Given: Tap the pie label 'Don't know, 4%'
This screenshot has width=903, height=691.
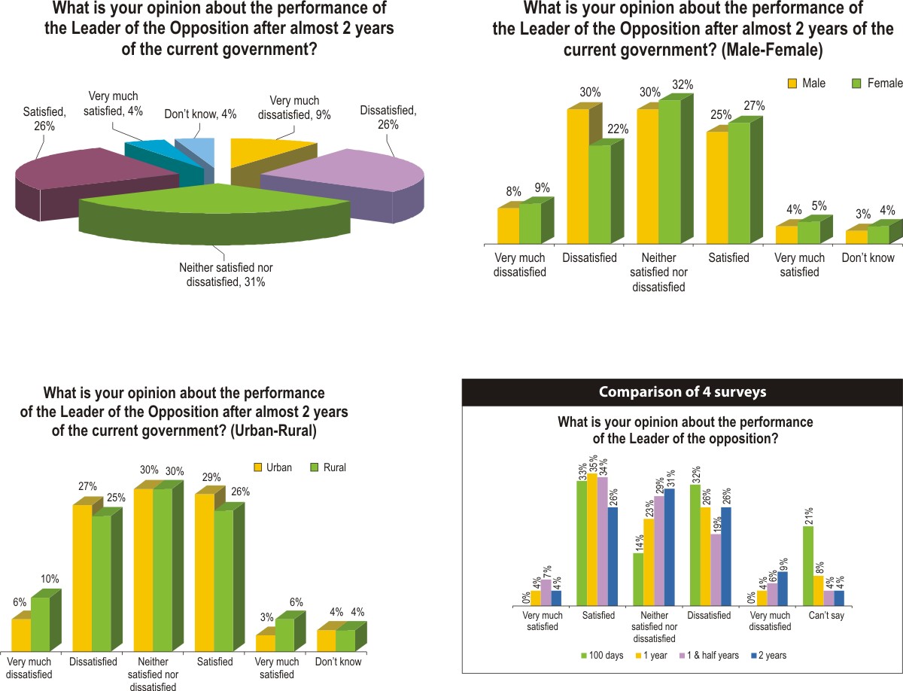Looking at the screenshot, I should point(200,114).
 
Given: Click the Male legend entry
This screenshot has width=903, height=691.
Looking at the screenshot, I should point(807,83).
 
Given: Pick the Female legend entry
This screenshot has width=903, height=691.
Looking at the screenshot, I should point(877,83).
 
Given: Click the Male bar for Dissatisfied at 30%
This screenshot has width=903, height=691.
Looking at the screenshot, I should point(577,176).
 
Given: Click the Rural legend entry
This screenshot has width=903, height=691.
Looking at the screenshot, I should point(328,467).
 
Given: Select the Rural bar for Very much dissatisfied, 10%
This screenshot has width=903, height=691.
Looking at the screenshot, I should point(40,624).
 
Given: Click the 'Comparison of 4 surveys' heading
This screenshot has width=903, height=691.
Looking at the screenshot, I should point(683,392).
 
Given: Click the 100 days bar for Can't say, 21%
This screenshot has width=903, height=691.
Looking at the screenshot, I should point(807,565).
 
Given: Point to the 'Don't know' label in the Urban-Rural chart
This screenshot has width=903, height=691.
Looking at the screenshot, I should point(338,662).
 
